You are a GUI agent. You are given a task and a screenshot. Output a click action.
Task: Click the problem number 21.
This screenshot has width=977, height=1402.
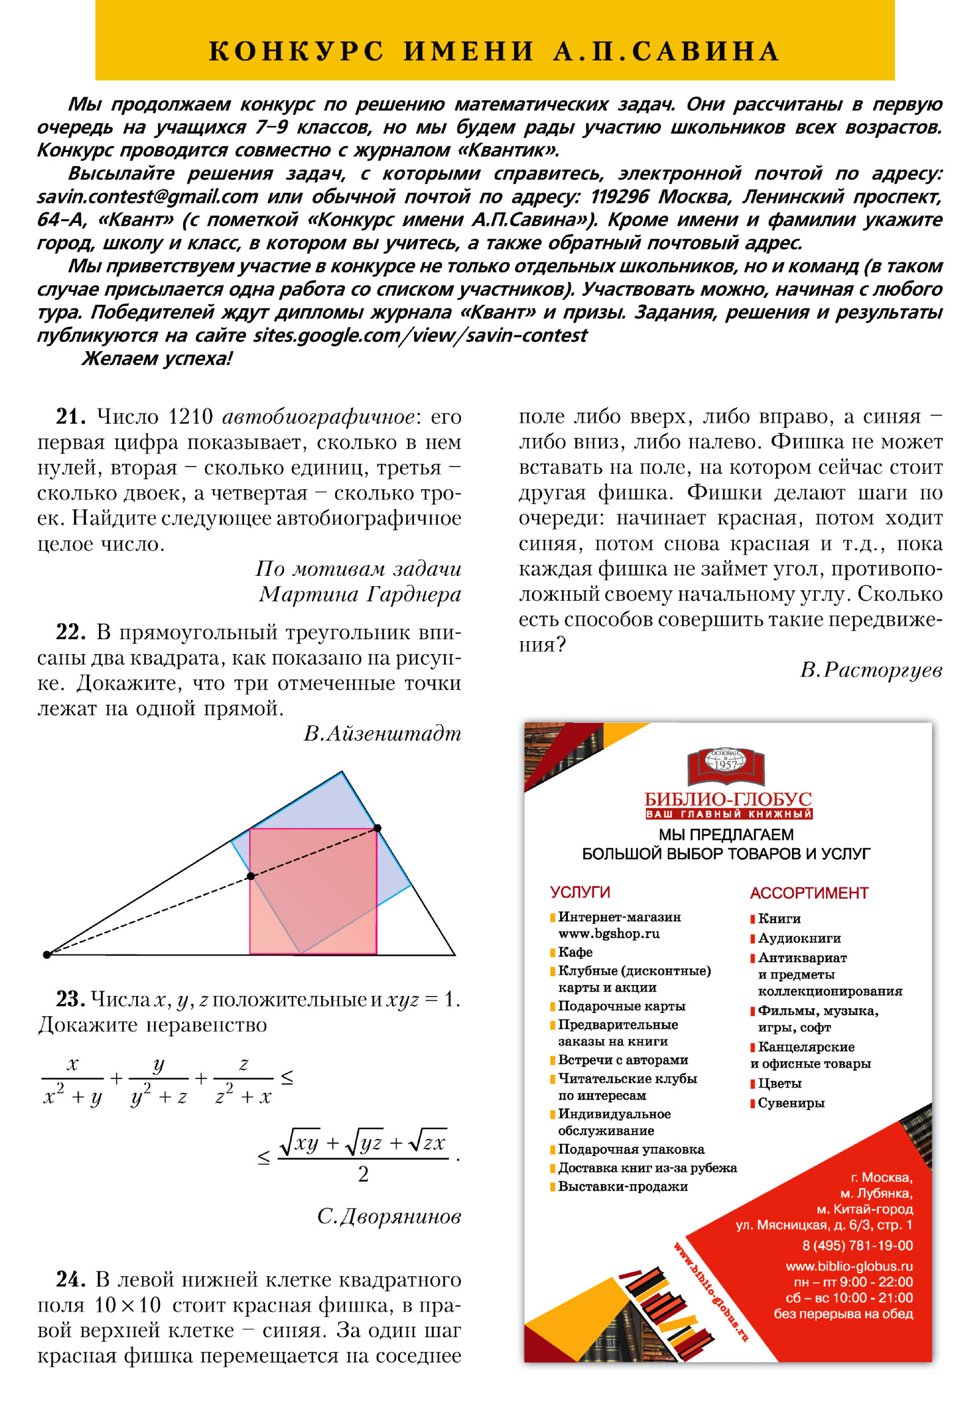tap(71, 416)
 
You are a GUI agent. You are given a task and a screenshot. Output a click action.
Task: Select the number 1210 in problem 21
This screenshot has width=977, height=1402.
tap(190, 416)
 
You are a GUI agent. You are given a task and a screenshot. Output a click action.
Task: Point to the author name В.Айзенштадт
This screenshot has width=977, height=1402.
tap(382, 733)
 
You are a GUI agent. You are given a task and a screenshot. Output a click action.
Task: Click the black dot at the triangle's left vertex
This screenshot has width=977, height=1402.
tap(47, 954)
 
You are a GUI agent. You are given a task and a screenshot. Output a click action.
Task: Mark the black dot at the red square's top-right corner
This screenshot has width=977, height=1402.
tap(377, 828)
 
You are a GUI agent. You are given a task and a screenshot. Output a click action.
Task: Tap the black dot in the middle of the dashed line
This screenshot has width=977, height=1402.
tap(250, 876)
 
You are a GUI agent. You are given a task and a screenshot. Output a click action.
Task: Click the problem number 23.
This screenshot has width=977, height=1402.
tap(71, 999)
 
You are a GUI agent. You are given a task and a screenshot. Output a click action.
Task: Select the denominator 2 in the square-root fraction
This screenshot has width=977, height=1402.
tap(363, 1174)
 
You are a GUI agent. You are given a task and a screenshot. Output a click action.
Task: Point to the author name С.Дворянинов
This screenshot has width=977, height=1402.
tap(389, 1216)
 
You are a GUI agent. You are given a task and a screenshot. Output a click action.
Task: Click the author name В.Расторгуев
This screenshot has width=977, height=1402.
tap(871, 670)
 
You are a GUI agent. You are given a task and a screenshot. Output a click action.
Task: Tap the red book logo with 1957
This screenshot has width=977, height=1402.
tap(726, 766)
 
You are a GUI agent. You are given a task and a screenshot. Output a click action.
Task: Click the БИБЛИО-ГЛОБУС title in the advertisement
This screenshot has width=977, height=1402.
tap(728, 799)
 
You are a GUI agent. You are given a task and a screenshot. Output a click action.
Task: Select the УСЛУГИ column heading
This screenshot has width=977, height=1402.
tap(580, 892)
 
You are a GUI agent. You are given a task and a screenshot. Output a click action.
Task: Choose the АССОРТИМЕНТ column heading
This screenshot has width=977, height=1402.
tap(809, 893)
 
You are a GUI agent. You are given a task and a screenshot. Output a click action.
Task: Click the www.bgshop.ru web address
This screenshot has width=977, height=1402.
tap(609, 934)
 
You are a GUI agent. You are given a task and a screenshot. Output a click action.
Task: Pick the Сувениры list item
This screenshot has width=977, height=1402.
tap(791, 1103)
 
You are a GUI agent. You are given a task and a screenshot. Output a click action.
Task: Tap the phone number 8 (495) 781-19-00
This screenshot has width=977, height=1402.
tap(857, 1246)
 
